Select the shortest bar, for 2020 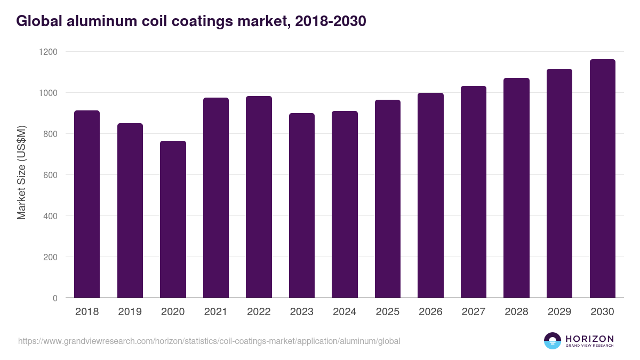(173, 219)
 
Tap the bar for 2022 (259, 197)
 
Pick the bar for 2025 (388, 199)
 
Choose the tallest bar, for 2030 (602, 179)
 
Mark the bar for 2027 (474, 192)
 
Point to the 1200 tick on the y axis (47, 52)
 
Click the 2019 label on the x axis (130, 312)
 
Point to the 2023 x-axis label (302, 312)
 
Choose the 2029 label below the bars (559, 312)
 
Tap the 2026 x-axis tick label (430, 312)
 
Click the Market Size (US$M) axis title (21, 172)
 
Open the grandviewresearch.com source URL (209, 341)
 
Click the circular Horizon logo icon (553, 341)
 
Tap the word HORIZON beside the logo (589, 339)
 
